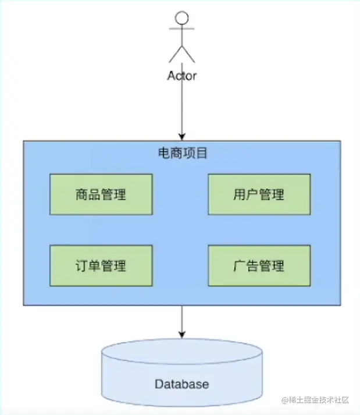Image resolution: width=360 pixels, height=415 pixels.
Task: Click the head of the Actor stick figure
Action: click(182, 17)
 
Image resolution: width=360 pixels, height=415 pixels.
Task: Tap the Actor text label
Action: click(182, 76)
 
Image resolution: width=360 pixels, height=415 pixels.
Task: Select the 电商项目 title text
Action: click(182, 154)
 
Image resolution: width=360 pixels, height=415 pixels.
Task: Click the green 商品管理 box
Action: click(101, 194)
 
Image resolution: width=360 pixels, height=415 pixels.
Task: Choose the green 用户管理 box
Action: click(259, 194)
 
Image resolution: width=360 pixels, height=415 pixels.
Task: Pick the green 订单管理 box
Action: click(101, 265)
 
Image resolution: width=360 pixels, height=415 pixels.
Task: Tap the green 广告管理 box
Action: click(259, 265)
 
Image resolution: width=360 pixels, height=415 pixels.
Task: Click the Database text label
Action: click(181, 384)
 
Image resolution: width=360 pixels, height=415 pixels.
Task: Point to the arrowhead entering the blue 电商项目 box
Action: click(182, 136)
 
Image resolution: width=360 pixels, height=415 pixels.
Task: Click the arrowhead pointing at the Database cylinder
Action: click(182, 335)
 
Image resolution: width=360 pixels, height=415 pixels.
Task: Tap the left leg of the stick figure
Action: click(175, 54)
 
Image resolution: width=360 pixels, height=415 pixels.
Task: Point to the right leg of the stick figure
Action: click(189, 54)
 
